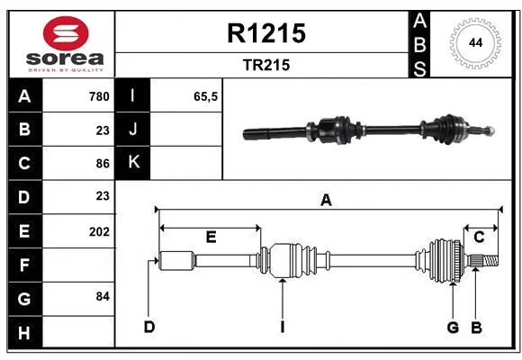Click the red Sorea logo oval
(x=66, y=33)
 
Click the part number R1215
(x=266, y=33)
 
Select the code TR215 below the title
(x=266, y=65)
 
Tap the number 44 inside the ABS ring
(x=475, y=42)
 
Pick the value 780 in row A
(x=99, y=96)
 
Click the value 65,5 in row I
(x=205, y=96)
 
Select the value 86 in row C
(x=103, y=164)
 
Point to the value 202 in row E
(x=99, y=231)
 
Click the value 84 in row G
(x=103, y=296)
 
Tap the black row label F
(x=25, y=265)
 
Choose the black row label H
(x=25, y=332)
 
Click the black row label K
(x=133, y=163)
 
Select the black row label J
(x=133, y=129)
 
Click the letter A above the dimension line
(x=326, y=200)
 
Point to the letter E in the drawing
(x=211, y=237)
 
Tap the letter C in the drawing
(x=479, y=237)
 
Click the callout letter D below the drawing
(x=149, y=327)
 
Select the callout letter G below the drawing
(x=453, y=328)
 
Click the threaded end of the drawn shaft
(x=490, y=260)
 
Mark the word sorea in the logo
(x=65, y=58)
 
